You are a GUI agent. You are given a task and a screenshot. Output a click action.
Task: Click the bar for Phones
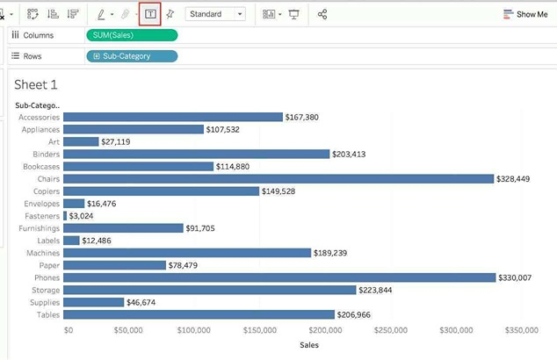tap(279, 277)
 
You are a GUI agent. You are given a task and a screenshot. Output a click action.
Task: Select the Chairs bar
tap(278, 178)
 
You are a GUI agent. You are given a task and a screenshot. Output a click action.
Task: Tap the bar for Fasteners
tap(65, 215)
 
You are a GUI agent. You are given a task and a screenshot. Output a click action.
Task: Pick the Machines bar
tap(187, 253)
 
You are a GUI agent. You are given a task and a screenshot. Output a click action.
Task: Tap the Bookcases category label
tap(40, 166)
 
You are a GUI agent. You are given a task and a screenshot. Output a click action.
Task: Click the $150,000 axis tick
tap(261, 330)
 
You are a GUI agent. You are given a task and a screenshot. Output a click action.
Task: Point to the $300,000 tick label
tap(456, 330)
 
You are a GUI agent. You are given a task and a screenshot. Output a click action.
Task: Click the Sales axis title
tap(309, 345)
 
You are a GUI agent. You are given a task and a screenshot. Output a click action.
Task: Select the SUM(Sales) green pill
tap(132, 35)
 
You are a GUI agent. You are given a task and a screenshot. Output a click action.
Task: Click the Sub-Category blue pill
tap(132, 56)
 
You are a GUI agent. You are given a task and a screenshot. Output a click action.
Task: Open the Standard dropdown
tap(215, 14)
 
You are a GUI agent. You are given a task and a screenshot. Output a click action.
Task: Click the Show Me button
tap(525, 14)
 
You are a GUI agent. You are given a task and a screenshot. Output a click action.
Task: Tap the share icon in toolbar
tap(322, 14)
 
